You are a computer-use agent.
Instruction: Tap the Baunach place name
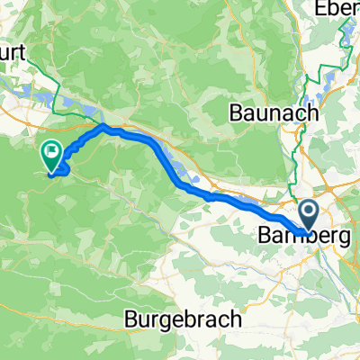275,114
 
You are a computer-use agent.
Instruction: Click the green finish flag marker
51,154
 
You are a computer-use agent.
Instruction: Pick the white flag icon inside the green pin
51,151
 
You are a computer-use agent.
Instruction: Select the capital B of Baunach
236,114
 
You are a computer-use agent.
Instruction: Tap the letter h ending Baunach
315,114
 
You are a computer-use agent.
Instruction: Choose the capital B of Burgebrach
130,319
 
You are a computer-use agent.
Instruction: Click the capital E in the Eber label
319,12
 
